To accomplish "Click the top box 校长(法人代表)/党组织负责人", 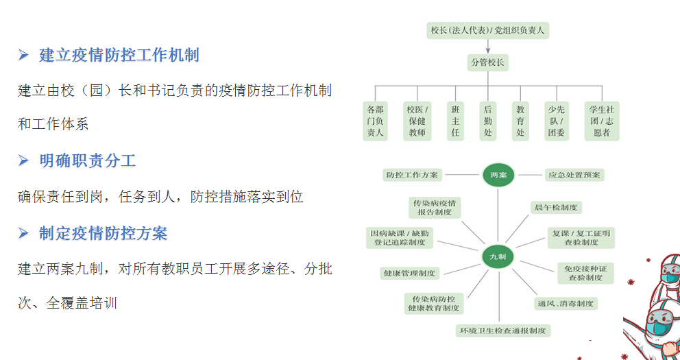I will pos(487,30).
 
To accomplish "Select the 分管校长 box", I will pos(487,62).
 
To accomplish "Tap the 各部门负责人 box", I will pos(375,121).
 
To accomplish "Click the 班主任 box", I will pos(455,121).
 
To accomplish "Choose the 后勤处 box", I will pos(488,121).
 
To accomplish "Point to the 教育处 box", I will pos(520,121).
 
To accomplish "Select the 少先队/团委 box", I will pos(556,121).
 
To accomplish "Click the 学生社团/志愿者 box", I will pos(601,121).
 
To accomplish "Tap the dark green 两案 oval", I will pos(498,176).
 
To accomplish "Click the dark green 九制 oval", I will pos(498,256).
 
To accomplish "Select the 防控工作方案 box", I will pos(413,175).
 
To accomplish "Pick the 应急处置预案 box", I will pos(574,175).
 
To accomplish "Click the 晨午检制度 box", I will pos(555,207).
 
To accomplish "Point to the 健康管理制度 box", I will pos(409,273).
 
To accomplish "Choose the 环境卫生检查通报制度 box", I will pos(504,331).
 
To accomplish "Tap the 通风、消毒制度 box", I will pos(565,303).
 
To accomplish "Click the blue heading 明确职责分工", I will pos(88,161).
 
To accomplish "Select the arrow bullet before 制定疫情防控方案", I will pos(24,234).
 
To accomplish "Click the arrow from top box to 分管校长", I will pos(488,46).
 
